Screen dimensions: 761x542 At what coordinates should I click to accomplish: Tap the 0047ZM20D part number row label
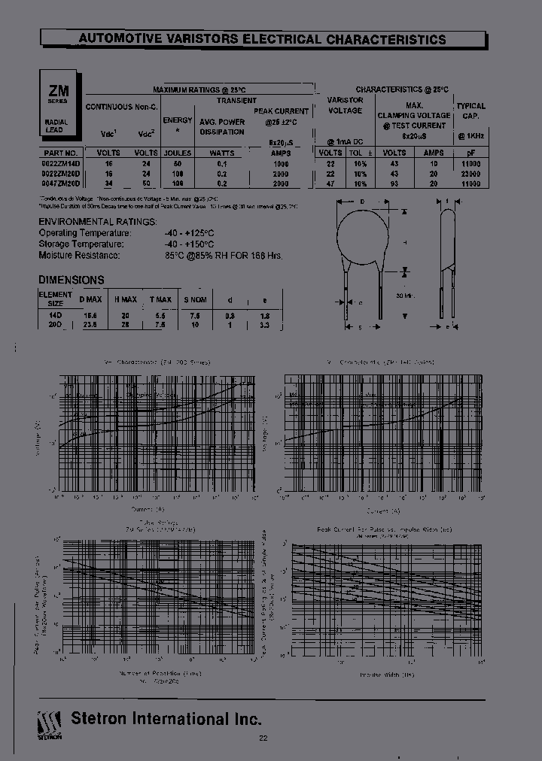coord(59,183)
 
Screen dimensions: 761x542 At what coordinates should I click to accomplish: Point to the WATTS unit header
coord(221,152)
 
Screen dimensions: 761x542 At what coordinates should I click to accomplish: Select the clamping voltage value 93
coord(394,183)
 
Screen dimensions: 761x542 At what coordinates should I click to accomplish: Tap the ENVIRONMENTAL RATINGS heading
coord(98,222)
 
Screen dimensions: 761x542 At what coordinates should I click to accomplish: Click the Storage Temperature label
coord(81,244)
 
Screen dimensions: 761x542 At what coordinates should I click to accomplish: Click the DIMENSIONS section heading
coord(71,279)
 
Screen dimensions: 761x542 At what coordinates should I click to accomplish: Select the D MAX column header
coord(90,299)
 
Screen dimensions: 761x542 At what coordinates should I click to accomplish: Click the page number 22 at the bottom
coord(263,738)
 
